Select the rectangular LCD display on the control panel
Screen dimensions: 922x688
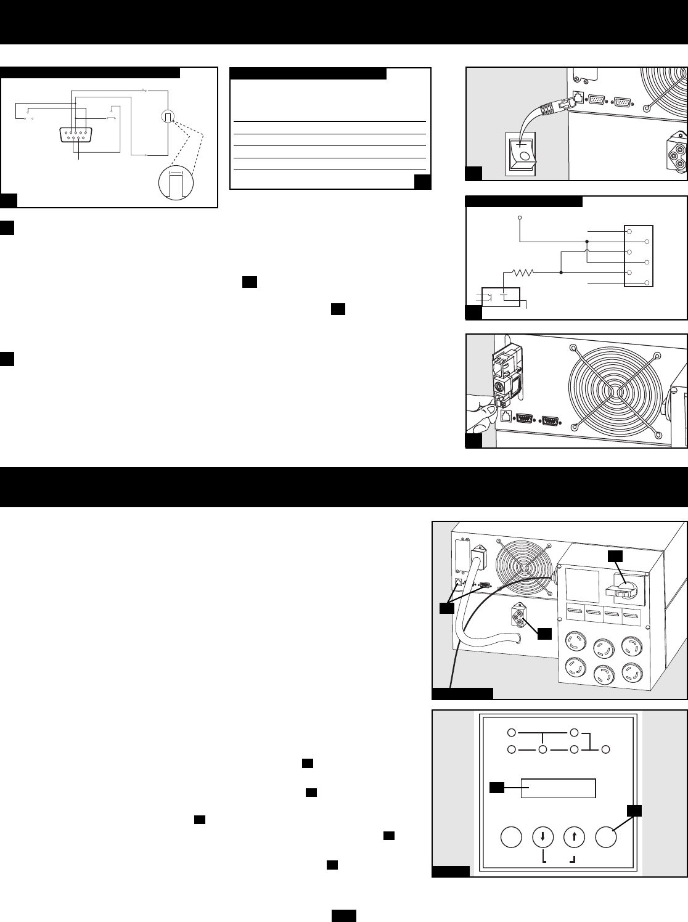[x=559, y=788]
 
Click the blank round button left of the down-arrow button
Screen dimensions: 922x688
[x=511, y=838]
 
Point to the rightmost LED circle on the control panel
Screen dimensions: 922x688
[x=606, y=749]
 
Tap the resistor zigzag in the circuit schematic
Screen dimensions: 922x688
[x=522, y=271]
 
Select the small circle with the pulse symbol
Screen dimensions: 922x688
[x=168, y=99]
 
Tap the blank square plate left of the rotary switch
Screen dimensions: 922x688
[x=581, y=587]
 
